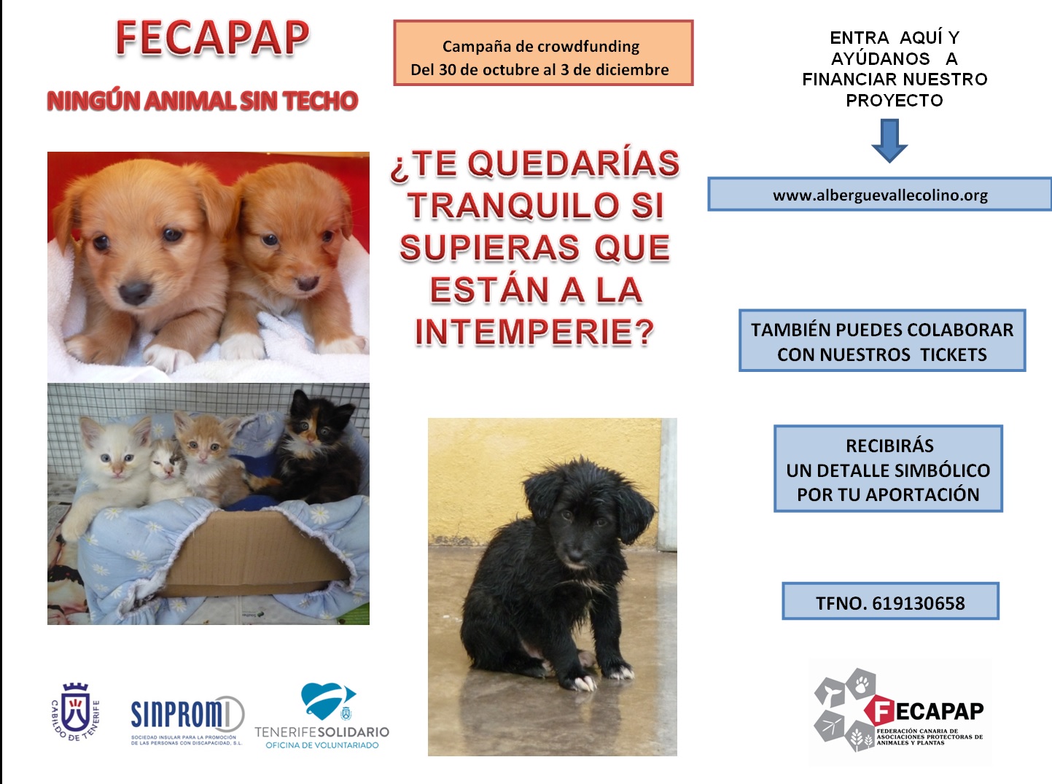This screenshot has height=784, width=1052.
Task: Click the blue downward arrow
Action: click(889, 141)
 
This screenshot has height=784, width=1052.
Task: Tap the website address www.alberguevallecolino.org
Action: click(880, 195)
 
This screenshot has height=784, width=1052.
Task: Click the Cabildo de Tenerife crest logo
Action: click(75, 712)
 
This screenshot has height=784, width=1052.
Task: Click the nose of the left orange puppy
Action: click(135, 292)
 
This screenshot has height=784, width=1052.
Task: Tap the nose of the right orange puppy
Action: click(308, 283)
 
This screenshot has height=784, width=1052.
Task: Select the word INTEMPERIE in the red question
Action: click(534, 332)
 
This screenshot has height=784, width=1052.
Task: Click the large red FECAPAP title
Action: click(212, 38)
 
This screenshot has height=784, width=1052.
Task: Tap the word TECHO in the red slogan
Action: click(320, 101)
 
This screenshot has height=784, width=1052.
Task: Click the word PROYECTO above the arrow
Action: click(895, 100)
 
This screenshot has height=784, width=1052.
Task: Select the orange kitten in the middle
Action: click(209, 456)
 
